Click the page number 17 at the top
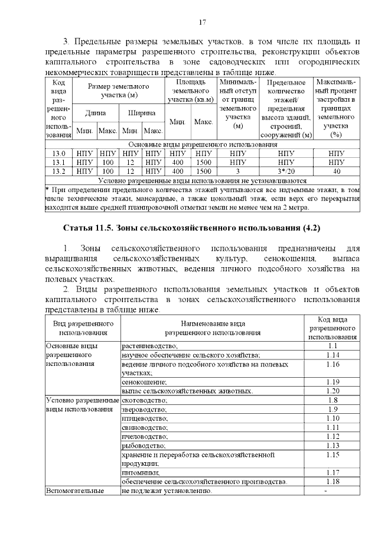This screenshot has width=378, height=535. pos(202,22)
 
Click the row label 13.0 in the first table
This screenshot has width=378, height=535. pos(58,153)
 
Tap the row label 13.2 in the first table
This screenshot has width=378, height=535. pos(58,171)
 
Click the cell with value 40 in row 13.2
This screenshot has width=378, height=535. pos(336,171)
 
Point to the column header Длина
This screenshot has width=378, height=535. pos(96,112)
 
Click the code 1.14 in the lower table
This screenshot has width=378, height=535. pos(332,355)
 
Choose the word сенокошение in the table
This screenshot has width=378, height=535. pos(145,382)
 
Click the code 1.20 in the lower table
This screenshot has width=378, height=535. pos(332,391)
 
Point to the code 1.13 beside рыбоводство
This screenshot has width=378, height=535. pos(332,445)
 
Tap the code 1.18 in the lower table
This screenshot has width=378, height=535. pos(332,482)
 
